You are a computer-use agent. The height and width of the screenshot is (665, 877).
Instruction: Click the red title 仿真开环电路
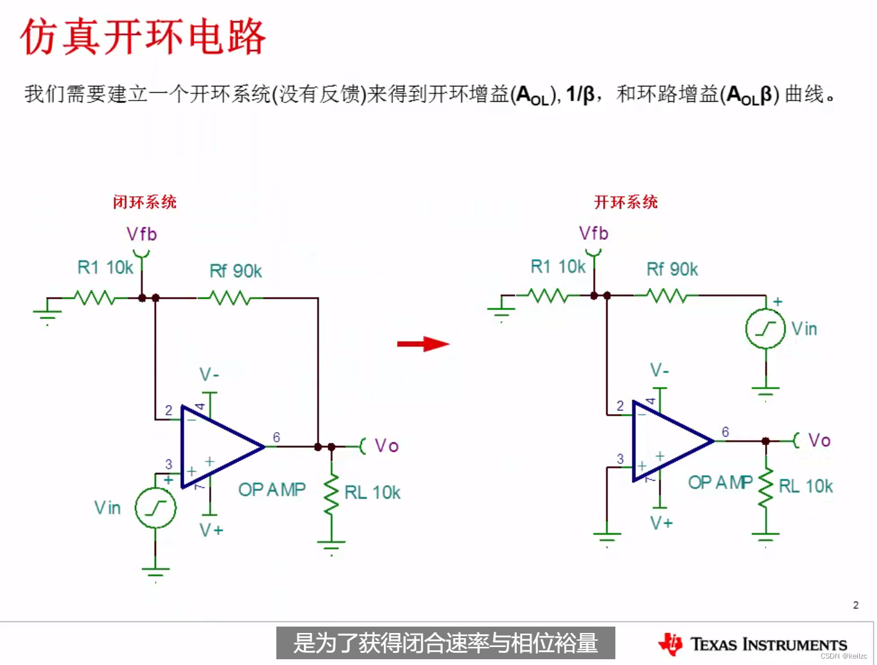(x=143, y=36)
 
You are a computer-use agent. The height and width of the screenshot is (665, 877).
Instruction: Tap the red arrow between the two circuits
(x=423, y=344)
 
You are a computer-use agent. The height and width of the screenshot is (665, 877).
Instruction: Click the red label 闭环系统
(x=145, y=202)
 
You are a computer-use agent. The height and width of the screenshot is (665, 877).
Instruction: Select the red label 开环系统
(x=626, y=202)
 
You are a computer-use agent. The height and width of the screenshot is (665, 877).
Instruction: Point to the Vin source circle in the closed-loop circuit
(x=155, y=508)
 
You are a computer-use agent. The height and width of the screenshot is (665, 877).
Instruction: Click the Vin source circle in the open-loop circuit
(x=765, y=329)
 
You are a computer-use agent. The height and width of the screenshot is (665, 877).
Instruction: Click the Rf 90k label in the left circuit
(x=235, y=271)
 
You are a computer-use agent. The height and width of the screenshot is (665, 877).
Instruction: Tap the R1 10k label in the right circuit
(x=558, y=266)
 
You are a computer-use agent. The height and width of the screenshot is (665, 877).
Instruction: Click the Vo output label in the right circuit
(x=819, y=440)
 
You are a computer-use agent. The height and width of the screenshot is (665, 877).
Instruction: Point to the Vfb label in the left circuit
(x=141, y=234)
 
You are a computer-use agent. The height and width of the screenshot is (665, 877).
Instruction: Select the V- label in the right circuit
(x=660, y=370)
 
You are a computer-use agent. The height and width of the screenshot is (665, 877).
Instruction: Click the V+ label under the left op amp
(x=211, y=530)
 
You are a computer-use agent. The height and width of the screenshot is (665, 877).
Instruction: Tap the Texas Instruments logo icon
(x=670, y=644)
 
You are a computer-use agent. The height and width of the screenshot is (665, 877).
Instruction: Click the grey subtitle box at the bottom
(x=445, y=643)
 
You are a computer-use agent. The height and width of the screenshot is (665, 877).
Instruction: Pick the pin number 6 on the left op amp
(x=276, y=437)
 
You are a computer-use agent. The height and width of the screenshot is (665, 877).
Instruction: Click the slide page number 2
(x=856, y=605)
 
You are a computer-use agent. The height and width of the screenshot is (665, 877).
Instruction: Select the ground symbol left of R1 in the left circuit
(x=47, y=314)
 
